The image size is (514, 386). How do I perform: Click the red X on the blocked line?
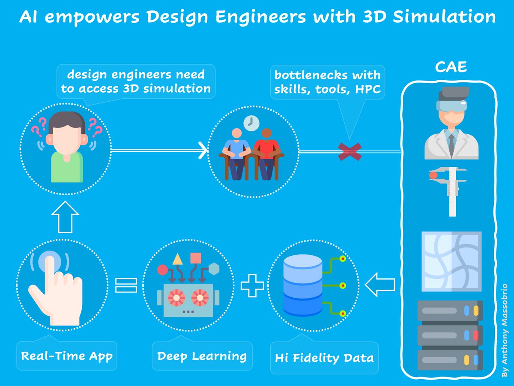coord(350,151)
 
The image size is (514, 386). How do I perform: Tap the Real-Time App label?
coord(66,356)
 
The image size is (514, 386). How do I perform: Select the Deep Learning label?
coord(202,356)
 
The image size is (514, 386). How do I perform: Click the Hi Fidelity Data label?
coord(324,358)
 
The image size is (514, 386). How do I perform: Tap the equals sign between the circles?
coord(126,286)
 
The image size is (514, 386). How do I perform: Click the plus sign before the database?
coord(252,286)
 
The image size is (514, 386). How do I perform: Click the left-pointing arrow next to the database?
coord(379,286)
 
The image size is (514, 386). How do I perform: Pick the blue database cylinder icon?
coord(302,284)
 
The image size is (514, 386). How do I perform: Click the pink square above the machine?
coord(196,258)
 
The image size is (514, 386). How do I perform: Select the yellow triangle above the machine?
coord(177,259)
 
